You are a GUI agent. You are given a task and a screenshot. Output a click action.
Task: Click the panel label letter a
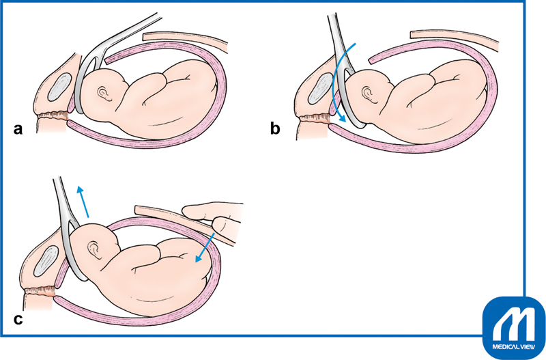point(18,128)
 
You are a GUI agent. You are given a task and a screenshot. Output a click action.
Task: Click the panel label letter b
point(275,128)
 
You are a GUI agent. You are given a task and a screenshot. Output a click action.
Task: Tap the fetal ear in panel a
point(104,92)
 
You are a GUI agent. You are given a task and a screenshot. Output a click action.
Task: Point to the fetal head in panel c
point(99,253)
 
